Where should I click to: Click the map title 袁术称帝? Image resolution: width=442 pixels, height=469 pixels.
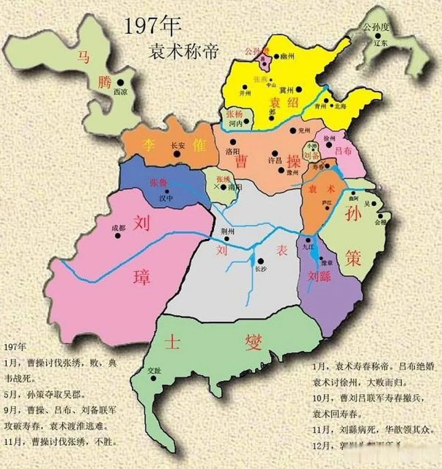[x=183, y=52]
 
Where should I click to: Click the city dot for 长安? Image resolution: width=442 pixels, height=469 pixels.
[x=177, y=154]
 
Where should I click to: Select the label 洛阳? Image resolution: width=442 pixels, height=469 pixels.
[x=232, y=151]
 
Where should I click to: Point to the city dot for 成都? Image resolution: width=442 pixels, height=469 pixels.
[x=118, y=236]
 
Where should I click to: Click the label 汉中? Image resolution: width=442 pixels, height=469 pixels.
[x=166, y=198]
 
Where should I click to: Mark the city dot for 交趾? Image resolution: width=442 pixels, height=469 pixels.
[x=153, y=379]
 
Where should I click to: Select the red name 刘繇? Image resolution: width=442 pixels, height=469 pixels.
[x=319, y=277]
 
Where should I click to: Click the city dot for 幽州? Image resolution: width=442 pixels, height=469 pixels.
[x=277, y=57]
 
